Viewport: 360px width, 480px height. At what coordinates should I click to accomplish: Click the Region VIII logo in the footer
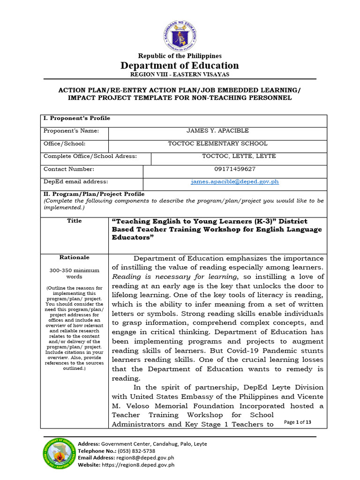[x=58, y=454]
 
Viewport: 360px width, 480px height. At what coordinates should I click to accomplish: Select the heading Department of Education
[x=180, y=65]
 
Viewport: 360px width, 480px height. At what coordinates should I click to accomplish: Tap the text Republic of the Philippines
[x=180, y=56]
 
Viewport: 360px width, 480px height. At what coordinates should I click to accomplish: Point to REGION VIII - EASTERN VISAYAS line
[x=180, y=75]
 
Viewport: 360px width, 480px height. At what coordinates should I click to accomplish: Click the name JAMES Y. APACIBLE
[x=217, y=131]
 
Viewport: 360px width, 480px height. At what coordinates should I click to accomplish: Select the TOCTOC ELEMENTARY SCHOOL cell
[x=217, y=144]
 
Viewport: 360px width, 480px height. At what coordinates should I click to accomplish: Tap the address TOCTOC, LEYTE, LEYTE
[x=239, y=156]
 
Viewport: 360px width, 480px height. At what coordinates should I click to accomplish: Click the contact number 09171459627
[x=234, y=169]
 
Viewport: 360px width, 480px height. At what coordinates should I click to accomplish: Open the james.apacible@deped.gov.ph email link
[x=234, y=181]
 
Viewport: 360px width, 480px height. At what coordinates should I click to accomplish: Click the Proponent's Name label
[x=71, y=131]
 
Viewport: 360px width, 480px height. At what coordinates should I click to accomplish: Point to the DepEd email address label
[x=75, y=181]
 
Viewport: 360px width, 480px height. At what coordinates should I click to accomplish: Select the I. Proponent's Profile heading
[x=76, y=119]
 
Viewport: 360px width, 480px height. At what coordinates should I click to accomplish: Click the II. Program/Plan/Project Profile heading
[x=94, y=194]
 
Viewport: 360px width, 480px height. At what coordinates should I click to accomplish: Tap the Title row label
[x=74, y=221]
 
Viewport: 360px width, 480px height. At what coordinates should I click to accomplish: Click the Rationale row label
[x=74, y=257]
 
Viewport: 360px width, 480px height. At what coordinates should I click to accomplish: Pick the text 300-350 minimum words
[x=74, y=273]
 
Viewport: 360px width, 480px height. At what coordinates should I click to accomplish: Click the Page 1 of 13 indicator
[x=298, y=422]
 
